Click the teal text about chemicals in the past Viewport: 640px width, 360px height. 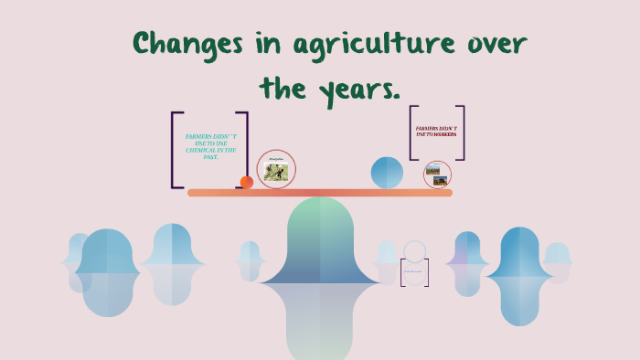pos(210,146)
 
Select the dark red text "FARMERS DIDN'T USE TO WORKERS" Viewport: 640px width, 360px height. pos(436,132)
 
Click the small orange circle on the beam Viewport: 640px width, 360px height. pos(246,182)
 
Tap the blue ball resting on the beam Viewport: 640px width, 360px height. pos(387,173)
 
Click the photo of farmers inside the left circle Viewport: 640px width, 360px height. pos(276,172)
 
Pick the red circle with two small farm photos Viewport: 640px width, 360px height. pos(437,175)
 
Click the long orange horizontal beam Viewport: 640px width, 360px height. pos(320,193)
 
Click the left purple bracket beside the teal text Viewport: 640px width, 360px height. pos(176,150)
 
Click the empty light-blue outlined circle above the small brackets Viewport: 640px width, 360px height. pos(415,251)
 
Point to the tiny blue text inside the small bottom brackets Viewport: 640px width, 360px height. pos(414,270)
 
